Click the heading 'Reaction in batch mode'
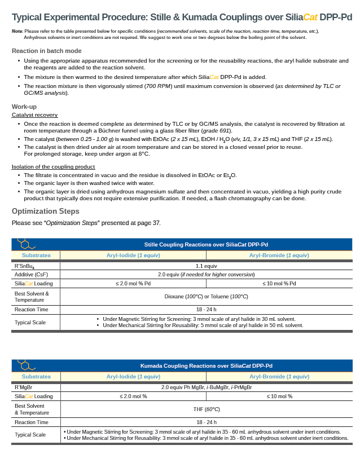46,51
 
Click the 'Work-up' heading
24,107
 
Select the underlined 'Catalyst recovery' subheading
34,115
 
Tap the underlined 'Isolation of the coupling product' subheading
53,167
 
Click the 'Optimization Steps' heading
46,211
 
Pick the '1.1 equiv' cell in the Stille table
206,265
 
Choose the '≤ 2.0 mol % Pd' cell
133,283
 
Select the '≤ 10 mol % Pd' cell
279,283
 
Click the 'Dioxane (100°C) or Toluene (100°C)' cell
206,296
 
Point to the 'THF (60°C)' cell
206,409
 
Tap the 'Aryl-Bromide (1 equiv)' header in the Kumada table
279,376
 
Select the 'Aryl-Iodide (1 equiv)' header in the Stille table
133,255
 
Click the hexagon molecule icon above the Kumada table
25,363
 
